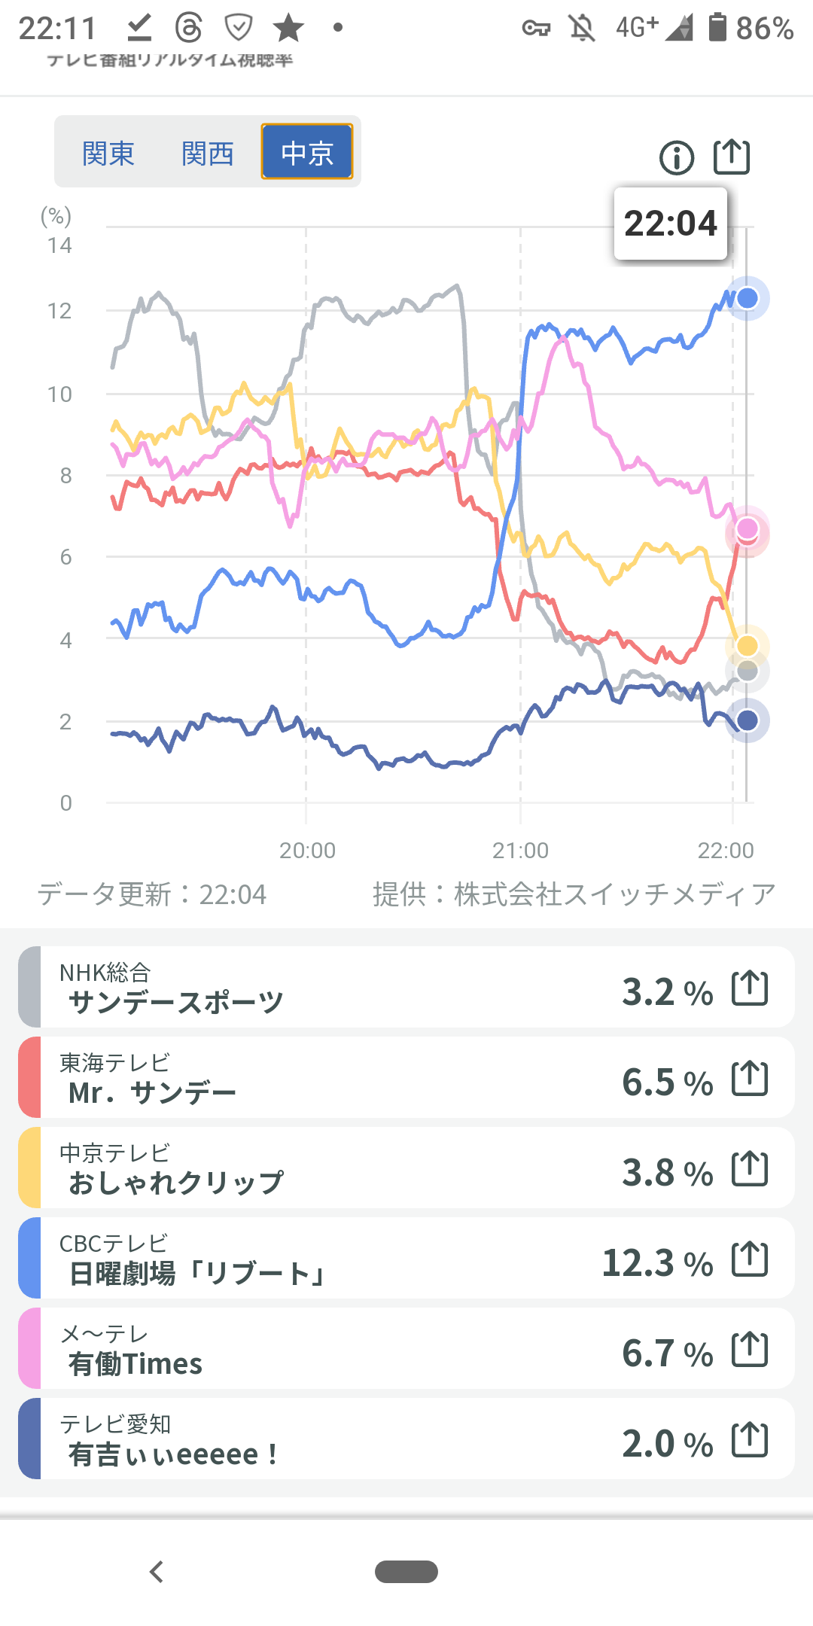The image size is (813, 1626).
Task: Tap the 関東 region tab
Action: (108, 154)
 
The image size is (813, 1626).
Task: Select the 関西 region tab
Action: (208, 154)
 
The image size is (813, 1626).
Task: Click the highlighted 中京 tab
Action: (307, 152)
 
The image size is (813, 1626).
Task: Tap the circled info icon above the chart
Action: (677, 158)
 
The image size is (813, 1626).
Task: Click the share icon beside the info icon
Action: (732, 157)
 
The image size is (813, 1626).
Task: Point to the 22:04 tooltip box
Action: (671, 224)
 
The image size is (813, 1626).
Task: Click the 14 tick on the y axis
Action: (59, 245)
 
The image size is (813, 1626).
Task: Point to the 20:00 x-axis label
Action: (307, 851)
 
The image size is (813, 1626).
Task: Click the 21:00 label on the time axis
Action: (520, 851)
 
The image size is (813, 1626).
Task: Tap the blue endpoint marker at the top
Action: (747, 298)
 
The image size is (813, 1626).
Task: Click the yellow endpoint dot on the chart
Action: (747, 646)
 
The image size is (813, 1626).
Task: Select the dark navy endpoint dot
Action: (747, 720)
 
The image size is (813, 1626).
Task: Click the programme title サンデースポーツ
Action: (176, 1003)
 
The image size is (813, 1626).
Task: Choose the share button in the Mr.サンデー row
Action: (750, 1079)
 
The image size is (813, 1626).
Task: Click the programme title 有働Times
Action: (135, 1364)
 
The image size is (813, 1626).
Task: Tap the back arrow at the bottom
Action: (157, 1572)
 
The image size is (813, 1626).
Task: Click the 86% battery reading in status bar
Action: (764, 29)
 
